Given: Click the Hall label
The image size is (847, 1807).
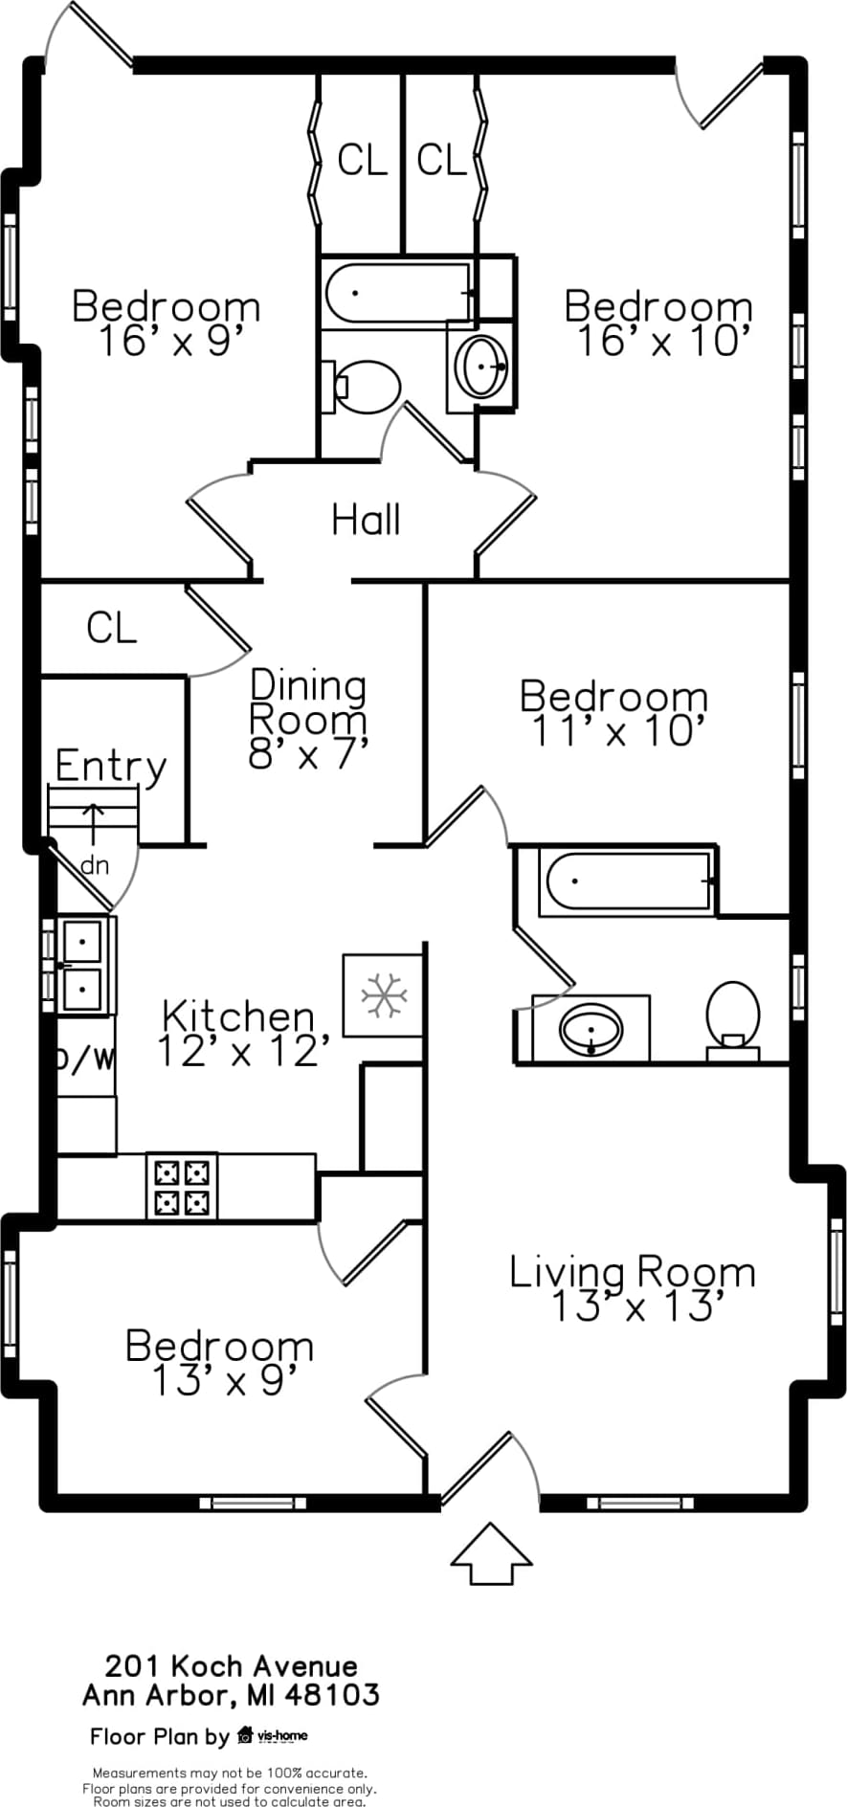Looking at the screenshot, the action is tap(366, 520).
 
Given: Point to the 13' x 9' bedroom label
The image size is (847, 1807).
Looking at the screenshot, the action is tap(220, 1363).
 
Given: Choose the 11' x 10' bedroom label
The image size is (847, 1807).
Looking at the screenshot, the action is tap(613, 713).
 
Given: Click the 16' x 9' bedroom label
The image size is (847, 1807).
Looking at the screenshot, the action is tap(167, 323).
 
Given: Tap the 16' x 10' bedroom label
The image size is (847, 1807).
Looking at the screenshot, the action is tap(658, 323).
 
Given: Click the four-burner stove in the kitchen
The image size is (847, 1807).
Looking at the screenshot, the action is tap(182, 1186).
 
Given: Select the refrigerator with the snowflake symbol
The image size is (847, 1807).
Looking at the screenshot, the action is tap(383, 994).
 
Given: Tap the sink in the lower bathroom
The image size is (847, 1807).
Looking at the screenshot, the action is tap(591, 1030).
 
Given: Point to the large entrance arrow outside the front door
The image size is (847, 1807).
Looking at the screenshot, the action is tap(491, 1553).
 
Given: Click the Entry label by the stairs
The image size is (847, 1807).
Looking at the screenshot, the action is tap(111, 766).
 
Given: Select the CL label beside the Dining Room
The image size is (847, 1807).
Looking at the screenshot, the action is tap(112, 628).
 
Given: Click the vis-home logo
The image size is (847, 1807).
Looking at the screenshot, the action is tap(273, 1735).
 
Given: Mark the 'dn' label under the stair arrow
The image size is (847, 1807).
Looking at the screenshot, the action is tap(95, 865).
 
